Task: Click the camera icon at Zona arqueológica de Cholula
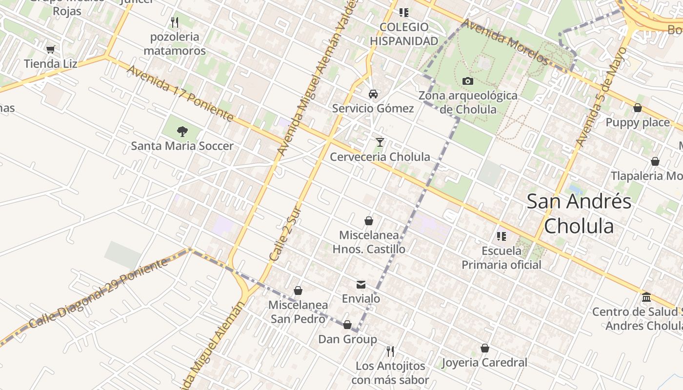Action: coord(468,81)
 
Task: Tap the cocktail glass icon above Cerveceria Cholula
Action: coord(380,142)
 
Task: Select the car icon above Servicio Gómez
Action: coord(373,94)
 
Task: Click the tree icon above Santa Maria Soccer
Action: coord(182,131)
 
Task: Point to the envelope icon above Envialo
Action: coord(361,285)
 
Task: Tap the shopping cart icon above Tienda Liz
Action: coord(50,49)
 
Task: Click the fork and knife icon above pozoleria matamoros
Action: coord(175,22)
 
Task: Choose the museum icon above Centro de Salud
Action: coord(646,297)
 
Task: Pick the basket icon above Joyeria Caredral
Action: coord(485,348)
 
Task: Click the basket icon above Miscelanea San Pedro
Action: coord(298,291)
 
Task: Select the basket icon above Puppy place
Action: coord(638,108)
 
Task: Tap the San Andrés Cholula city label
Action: coord(579,214)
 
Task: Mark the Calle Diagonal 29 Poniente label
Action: coord(98,293)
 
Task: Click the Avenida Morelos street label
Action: coord(506,41)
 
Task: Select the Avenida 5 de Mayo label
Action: coord(601,97)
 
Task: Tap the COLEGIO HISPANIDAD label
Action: coord(404,34)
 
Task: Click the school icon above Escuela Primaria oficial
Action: coord(501,236)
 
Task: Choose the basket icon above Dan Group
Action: coord(347,325)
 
